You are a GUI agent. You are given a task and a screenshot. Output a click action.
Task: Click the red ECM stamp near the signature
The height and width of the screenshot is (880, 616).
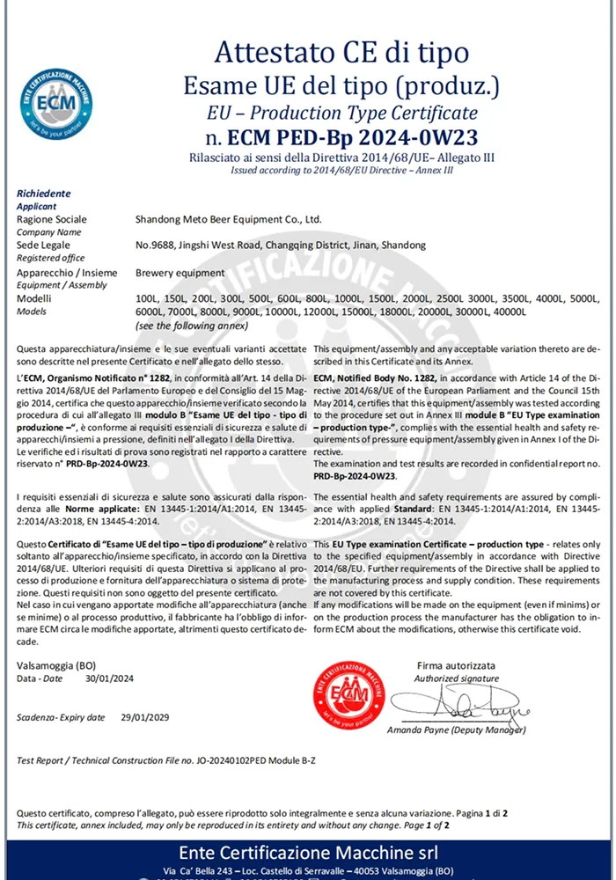(349, 694)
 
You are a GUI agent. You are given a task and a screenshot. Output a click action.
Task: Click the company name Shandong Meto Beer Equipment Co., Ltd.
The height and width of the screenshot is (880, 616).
(229, 219)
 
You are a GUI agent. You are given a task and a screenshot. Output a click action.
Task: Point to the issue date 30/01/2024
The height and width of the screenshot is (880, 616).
(110, 678)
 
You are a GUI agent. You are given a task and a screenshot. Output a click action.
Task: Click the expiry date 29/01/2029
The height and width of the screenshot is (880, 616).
(145, 717)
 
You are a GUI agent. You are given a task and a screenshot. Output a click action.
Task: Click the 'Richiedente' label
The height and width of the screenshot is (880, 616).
(44, 194)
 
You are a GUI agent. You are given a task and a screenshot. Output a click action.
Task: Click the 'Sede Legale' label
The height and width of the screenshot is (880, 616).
(43, 246)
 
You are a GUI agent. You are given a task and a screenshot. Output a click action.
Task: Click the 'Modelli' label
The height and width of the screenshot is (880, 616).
(35, 299)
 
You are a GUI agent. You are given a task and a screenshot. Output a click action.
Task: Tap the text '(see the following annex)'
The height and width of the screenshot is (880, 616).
(187, 325)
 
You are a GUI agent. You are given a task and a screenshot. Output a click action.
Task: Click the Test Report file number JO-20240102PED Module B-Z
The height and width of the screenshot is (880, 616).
(264, 759)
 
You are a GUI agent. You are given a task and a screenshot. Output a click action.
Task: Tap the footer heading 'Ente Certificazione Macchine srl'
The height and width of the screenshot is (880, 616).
(308, 852)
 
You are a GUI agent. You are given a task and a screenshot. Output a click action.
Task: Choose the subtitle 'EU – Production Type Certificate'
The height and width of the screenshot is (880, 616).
(341, 113)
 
